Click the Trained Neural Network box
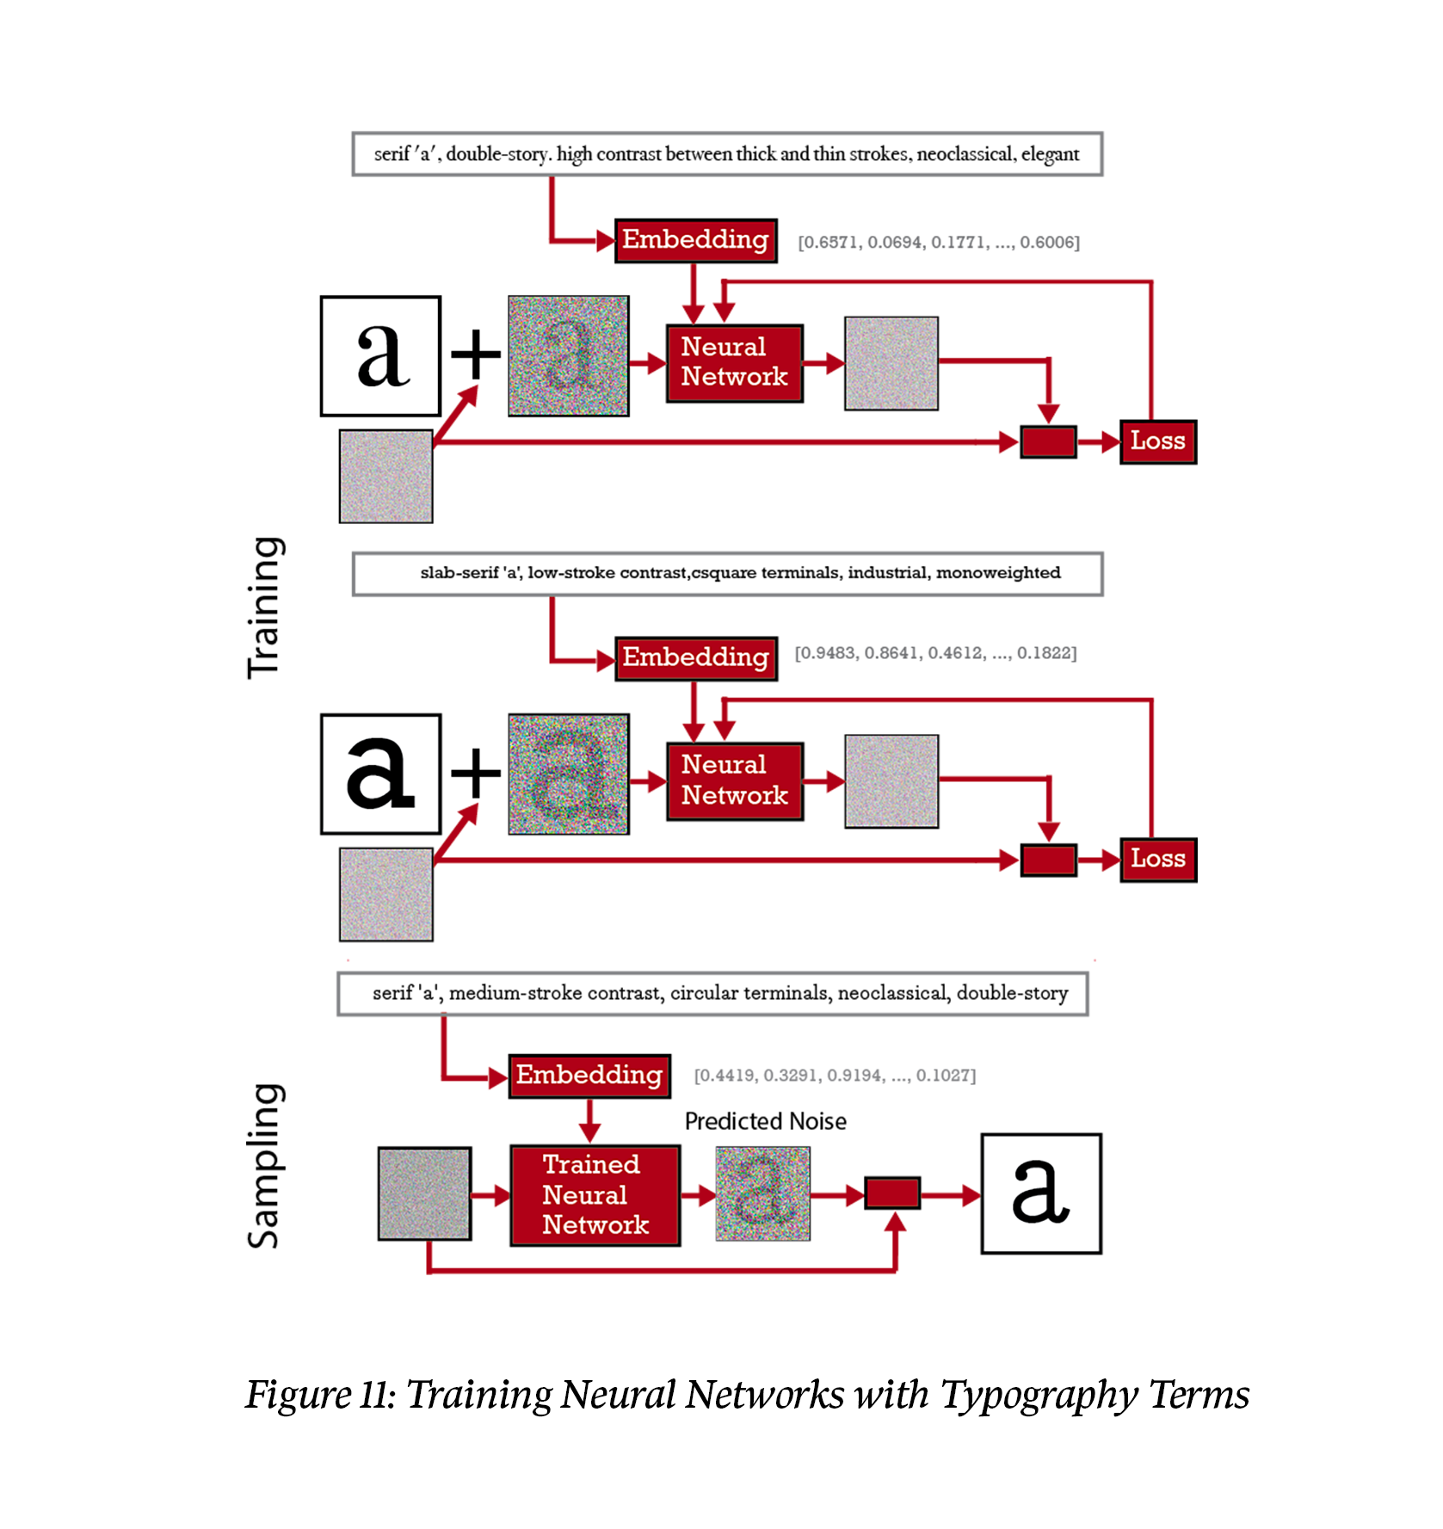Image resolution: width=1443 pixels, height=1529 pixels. (x=595, y=1194)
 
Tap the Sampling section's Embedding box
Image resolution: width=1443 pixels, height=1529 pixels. (x=589, y=1075)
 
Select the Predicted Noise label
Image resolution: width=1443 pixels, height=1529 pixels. (x=765, y=1121)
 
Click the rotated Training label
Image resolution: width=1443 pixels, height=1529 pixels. (x=264, y=607)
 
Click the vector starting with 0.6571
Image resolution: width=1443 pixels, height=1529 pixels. (x=938, y=242)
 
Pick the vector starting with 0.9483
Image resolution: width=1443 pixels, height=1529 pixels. (x=934, y=653)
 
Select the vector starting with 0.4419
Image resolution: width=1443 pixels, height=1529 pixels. (x=835, y=1076)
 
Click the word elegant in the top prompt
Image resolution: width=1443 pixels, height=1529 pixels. (x=1050, y=154)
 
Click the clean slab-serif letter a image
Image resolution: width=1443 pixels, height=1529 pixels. (x=380, y=774)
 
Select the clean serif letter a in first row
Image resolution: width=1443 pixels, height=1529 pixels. (x=380, y=356)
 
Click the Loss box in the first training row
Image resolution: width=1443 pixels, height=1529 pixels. (x=1157, y=441)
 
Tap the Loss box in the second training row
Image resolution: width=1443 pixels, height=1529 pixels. (x=1157, y=859)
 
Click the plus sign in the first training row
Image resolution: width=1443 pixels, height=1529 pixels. (x=475, y=354)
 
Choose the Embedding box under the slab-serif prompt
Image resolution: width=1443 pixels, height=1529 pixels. (x=695, y=657)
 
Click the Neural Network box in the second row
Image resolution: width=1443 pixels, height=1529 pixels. (x=734, y=780)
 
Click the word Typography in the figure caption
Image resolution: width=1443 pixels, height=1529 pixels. (x=1039, y=1394)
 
